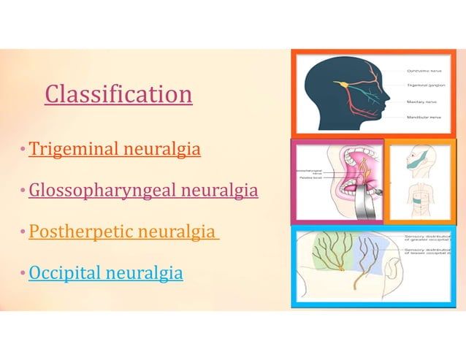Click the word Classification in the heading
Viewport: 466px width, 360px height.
118,93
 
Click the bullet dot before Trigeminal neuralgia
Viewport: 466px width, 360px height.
24,150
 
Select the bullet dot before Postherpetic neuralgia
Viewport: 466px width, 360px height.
24,233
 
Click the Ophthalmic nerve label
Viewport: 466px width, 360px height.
423,70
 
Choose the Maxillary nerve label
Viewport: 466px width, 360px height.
421,102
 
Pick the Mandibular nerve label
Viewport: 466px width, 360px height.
423,117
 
